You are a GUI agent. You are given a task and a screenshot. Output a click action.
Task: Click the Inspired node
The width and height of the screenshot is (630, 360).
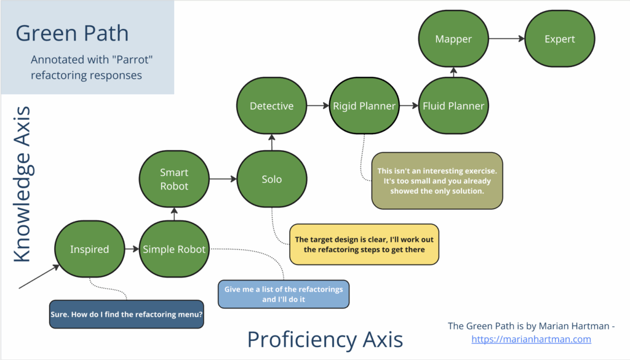(x=89, y=249)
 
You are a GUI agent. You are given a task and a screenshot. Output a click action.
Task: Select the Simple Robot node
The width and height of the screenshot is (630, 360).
(x=174, y=249)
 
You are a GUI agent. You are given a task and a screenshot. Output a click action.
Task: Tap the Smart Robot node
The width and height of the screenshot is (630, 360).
(x=174, y=179)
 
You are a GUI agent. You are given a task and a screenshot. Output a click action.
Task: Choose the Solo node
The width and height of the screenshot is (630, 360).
(x=271, y=179)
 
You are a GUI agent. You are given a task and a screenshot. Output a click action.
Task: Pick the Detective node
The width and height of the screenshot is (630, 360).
(x=271, y=106)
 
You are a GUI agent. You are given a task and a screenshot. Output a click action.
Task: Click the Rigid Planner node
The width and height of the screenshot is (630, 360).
(x=364, y=106)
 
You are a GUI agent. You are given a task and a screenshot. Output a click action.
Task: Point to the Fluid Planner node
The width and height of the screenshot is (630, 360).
(x=453, y=106)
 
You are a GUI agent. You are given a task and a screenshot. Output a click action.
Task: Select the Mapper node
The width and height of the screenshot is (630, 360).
(x=453, y=39)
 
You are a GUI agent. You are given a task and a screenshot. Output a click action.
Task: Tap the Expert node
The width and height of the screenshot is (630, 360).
(x=560, y=39)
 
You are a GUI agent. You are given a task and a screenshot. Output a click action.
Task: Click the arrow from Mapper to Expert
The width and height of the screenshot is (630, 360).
(x=506, y=39)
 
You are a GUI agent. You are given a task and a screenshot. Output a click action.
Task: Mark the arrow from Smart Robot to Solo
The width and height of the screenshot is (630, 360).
(x=223, y=179)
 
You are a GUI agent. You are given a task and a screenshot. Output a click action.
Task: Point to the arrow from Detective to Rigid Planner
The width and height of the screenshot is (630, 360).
(x=318, y=106)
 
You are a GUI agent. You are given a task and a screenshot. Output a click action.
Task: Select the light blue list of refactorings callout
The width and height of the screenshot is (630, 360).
(x=284, y=294)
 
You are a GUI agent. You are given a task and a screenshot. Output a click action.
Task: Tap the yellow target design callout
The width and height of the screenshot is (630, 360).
(x=364, y=244)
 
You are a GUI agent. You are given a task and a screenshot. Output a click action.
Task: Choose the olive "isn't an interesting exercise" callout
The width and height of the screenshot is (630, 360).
(x=437, y=180)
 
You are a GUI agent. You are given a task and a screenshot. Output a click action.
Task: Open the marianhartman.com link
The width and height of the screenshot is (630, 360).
(x=531, y=338)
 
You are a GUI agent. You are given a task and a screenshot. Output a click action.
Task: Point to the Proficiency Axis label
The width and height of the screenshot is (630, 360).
(x=325, y=339)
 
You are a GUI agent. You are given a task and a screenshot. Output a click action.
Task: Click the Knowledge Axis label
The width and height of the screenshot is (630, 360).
(x=23, y=184)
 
